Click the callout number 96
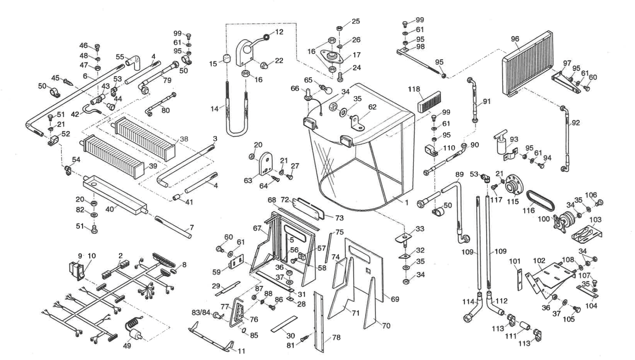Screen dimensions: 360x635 click(x=515, y=39)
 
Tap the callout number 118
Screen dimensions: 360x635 click(x=414, y=89)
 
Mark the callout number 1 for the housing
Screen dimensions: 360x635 click(x=407, y=203)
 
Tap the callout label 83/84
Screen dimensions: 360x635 click(x=201, y=312)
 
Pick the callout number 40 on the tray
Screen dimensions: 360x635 click(x=109, y=209)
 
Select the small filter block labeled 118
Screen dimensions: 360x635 click(x=429, y=102)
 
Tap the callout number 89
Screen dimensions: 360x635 click(x=459, y=174)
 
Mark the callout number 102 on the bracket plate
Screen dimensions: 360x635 click(x=539, y=260)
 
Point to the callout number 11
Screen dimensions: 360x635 click(x=241, y=351)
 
